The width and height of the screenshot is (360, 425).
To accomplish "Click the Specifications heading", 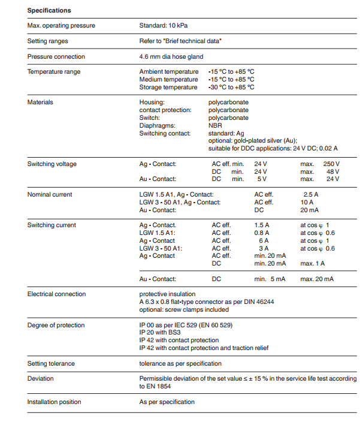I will click(x=49, y=10).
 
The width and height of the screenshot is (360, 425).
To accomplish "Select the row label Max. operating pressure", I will click(x=61, y=26).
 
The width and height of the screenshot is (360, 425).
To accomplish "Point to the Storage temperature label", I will click(x=168, y=87).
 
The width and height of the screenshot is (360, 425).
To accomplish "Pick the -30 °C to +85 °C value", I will click(x=231, y=87).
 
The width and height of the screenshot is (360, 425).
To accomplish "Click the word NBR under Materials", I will click(x=215, y=126).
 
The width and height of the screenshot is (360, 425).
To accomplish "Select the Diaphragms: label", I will click(x=156, y=126).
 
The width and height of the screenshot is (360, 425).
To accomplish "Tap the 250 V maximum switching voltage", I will click(x=331, y=164).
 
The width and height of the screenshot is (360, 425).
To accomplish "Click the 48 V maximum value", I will click(x=333, y=171).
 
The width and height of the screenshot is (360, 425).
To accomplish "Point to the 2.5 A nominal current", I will click(x=311, y=195).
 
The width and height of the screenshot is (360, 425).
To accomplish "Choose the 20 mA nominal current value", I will click(x=309, y=210).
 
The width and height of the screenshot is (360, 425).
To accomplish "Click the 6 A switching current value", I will click(x=264, y=241).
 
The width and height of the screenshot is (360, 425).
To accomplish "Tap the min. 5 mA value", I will click(x=270, y=279).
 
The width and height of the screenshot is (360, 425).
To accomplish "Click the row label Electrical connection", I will click(x=56, y=294).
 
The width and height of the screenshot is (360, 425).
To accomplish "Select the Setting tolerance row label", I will click(x=51, y=364).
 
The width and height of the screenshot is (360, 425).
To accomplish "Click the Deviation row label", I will click(x=40, y=379).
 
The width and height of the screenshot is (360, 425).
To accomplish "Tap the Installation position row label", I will click(x=54, y=402).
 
